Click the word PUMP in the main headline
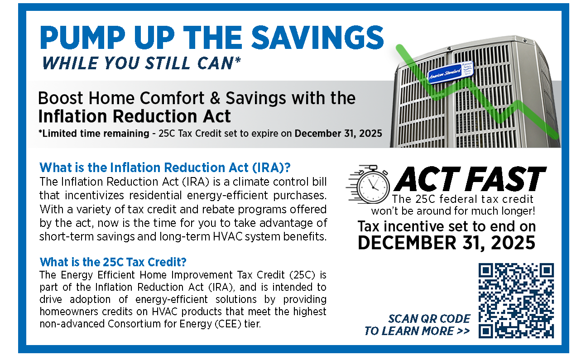coord(82,38)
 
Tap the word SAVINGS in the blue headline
coord(317,38)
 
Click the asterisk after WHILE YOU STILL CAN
coord(238,61)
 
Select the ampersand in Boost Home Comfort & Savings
coord(215,98)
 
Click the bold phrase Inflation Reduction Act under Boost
coord(134,116)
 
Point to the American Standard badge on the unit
coord(451,72)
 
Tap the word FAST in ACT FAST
coord(505,179)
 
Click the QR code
coord(516,301)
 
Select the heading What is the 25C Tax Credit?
coord(113,262)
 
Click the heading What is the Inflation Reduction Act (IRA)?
coord(165,168)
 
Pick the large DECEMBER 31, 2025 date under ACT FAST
coord(447,243)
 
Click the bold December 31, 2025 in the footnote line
coord(338,134)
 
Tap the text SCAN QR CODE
coord(429,319)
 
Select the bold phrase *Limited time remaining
coord(94,134)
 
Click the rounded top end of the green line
coord(400,48)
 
